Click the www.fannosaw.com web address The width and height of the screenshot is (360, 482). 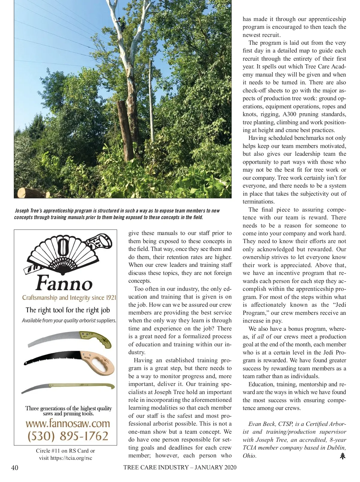pos(68,423)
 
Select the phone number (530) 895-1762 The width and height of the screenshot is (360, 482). pos(68,436)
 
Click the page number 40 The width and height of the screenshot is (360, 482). pos(14,468)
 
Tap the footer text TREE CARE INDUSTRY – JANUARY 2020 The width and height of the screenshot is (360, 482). pos(180,467)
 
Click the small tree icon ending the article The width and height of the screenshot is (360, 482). pos(343,456)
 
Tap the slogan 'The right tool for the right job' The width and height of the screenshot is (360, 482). pos(68,310)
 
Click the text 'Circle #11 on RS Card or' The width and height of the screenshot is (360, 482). pos(65,450)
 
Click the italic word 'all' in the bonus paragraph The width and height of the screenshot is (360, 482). pos(260,337)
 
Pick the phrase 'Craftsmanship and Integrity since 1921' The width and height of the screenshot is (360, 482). pos(69,298)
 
